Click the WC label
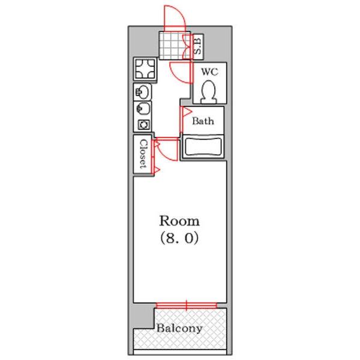click(x=209, y=72)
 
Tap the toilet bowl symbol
click(x=208, y=92)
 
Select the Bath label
click(x=203, y=121)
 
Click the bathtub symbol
click(x=203, y=147)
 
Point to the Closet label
click(x=143, y=154)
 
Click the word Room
click(x=179, y=221)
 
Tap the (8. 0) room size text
click(x=179, y=238)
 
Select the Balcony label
click(x=179, y=328)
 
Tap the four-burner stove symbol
click(x=145, y=69)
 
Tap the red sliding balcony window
click(x=186, y=305)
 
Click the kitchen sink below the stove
click(x=142, y=92)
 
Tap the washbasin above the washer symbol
click(x=142, y=109)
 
